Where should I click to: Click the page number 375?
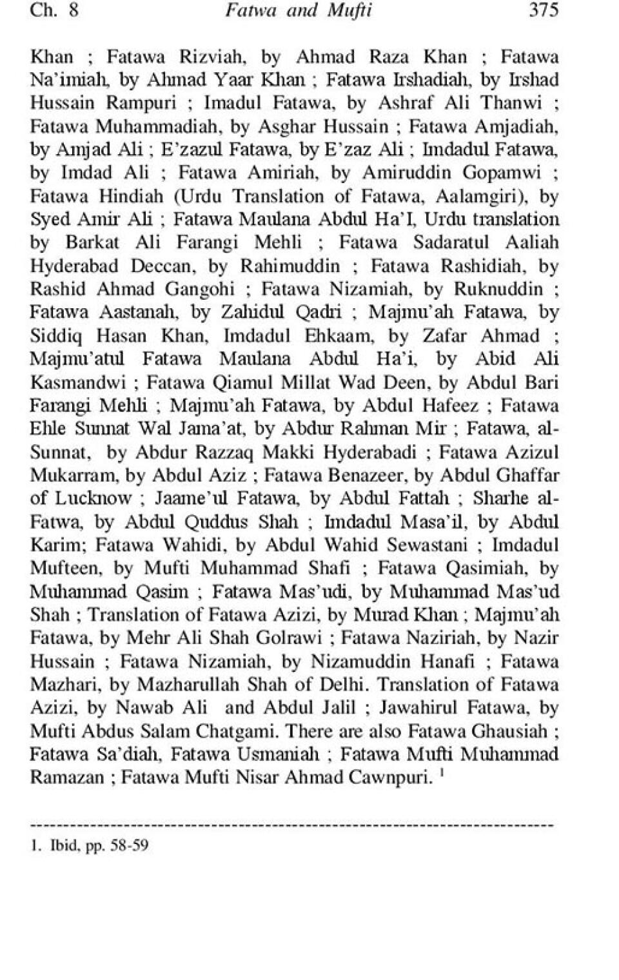pos(543,11)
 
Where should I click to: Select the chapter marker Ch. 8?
pos(54,11)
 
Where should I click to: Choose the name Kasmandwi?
pos(78,382)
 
